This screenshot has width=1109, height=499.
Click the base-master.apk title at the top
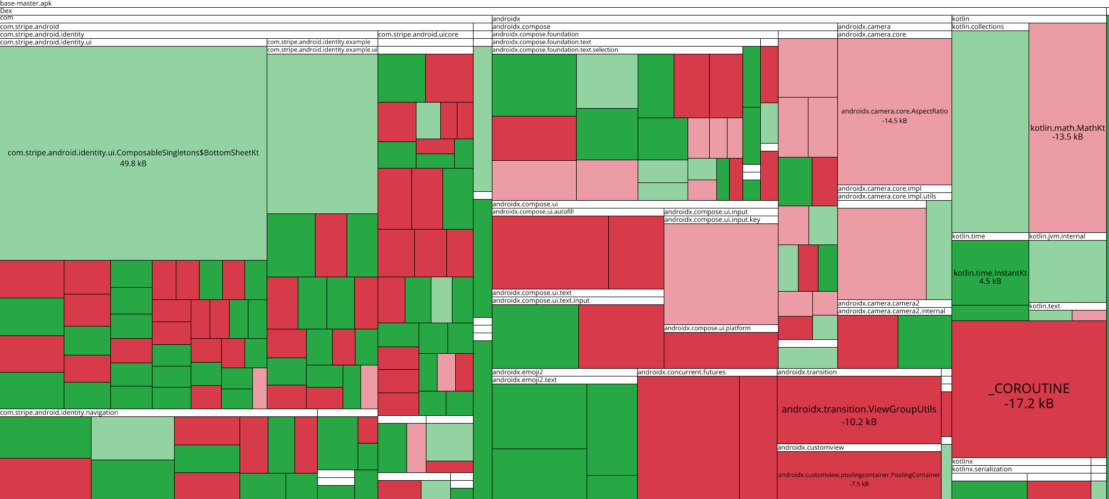coord(26,3)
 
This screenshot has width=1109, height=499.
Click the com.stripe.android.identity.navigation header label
coord(59,413)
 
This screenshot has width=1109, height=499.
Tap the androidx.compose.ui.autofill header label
coord(533,212)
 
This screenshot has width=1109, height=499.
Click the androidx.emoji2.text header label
coord(525,380)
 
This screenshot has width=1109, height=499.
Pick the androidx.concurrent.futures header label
coord(681,372)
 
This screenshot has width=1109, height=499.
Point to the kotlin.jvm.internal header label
coord(1057,236)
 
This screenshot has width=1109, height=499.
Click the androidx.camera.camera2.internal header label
coord(892,311)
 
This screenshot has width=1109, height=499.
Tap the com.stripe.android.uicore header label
coord(418,34)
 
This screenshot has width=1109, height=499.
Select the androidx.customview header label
coord(811,447)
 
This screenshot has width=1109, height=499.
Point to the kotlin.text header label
coord(1045,306)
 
